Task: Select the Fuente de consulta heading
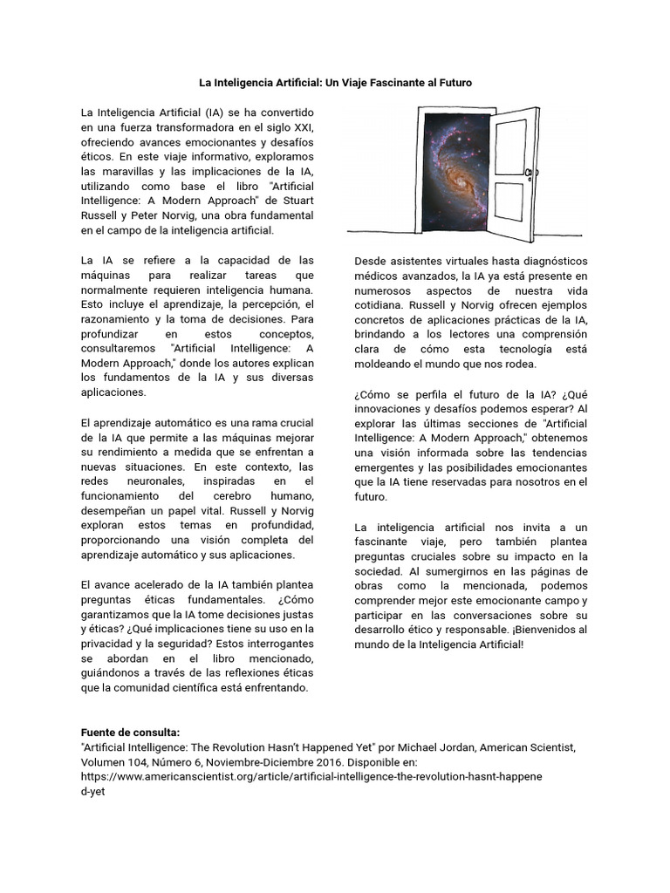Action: [x=129, y=733]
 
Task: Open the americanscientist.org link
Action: [x=311, y=777]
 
